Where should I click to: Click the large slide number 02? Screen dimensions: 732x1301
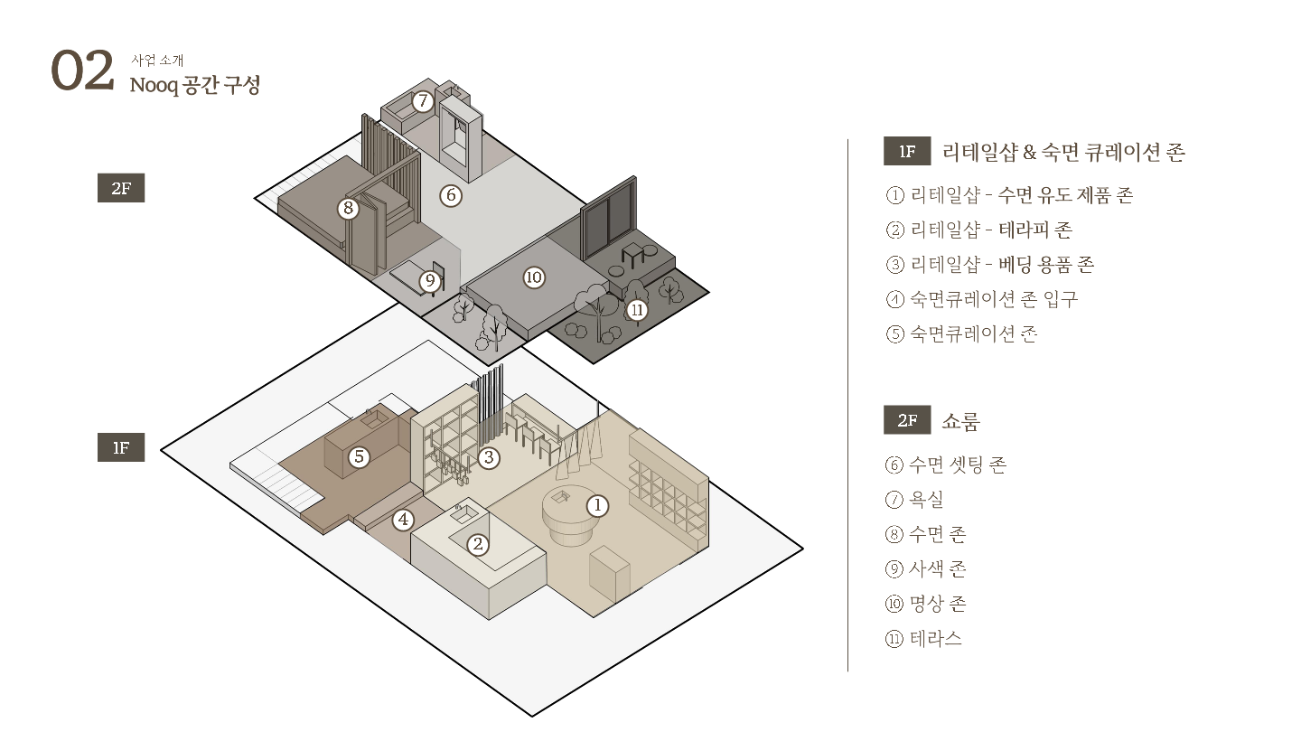pos(82,71)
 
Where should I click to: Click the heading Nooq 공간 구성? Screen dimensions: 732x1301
pos(194,86)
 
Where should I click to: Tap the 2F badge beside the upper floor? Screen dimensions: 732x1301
pos(121,189)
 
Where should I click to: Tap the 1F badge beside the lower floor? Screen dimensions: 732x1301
pos(121,447)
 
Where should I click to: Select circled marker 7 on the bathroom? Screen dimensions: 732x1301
pos(422,101)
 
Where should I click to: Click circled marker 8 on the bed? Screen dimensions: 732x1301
pos(348,209)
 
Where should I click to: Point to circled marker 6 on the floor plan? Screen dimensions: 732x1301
pos(451,194)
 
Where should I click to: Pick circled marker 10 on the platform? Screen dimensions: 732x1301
pos(534,277)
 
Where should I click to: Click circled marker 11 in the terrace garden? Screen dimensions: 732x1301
pos(638,310)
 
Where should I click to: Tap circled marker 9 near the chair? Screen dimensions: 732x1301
pos(430,281)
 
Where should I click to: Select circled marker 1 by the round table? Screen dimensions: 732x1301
pos(596,505)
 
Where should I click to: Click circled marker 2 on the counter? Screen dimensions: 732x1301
pos(478,544)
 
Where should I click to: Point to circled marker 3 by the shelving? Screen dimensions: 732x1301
pos(489,457)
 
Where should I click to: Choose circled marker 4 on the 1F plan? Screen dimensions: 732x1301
pos(403,520)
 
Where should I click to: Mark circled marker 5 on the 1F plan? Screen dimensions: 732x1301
pos(360,457)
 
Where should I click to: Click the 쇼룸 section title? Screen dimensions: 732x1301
pos(960,421)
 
